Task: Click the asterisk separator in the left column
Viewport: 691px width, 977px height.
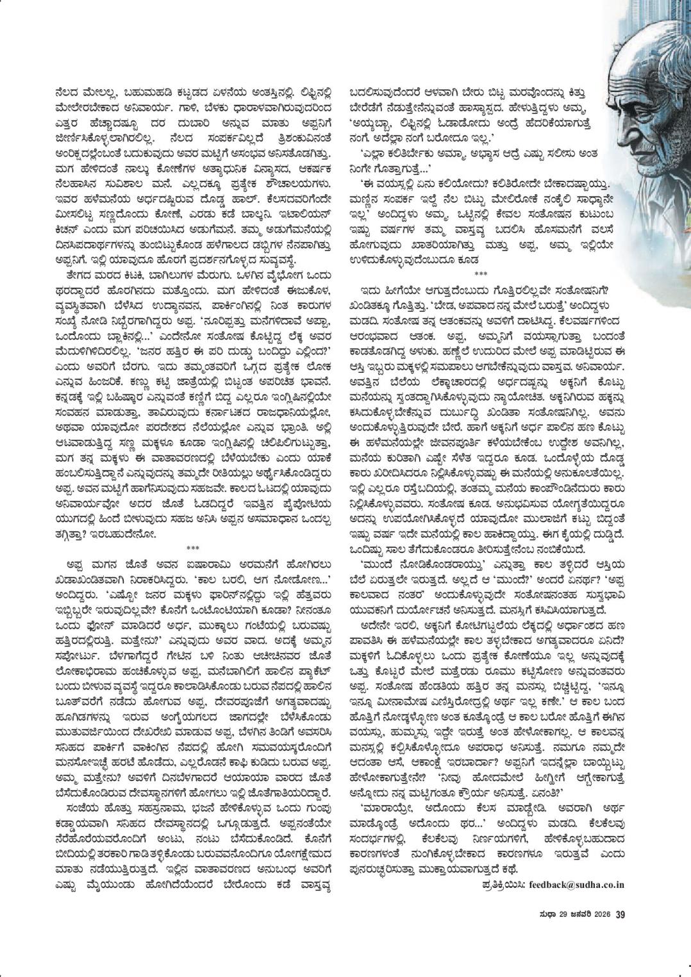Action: pos(193,548)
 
